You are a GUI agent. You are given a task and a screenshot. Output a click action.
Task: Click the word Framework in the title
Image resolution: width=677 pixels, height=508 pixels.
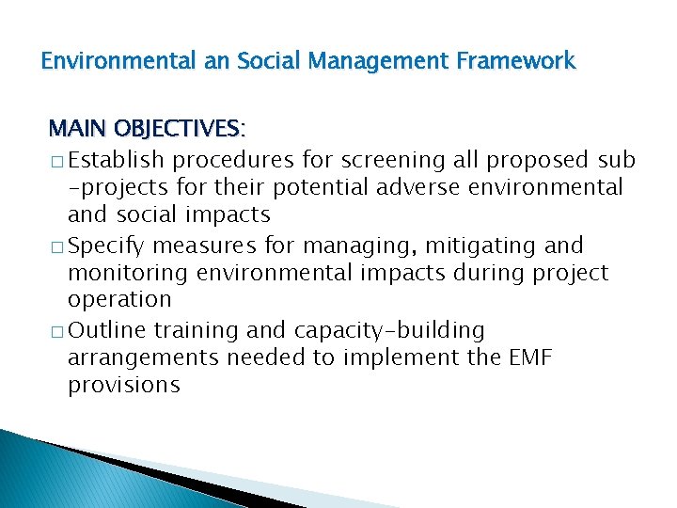[514, 62]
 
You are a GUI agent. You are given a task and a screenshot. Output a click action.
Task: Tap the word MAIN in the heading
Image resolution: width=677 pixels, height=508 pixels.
[77, 128]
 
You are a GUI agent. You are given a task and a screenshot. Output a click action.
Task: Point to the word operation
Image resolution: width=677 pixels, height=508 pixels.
[119, 300]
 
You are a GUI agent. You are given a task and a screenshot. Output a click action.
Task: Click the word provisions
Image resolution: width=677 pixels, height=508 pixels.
[123, 385]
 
